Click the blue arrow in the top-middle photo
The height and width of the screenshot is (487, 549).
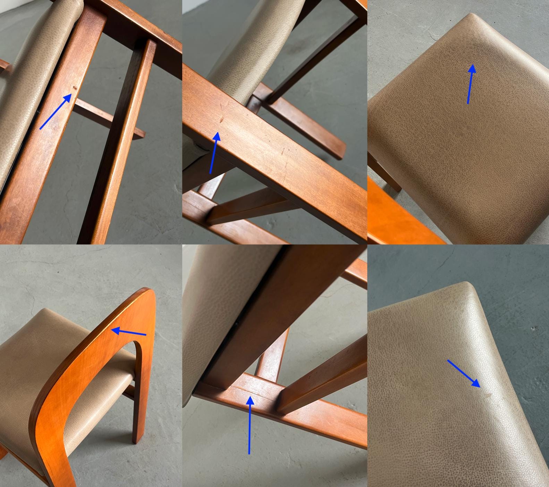[214, 153]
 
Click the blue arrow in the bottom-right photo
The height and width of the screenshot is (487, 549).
[463, 373]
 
